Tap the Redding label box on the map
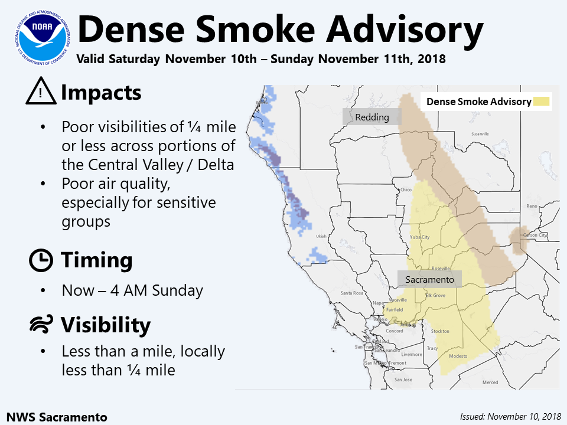[372, 117]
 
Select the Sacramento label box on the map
[429, 279]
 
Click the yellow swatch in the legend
[542, 102]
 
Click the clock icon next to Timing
[41, 260]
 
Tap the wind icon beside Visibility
[41, 325]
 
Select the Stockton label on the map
[440, 331]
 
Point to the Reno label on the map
[532, 206]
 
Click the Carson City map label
[535, 235]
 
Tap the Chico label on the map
[405, 189]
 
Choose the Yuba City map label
[419, 237]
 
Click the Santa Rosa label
[351, 293]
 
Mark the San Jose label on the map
[403, 379]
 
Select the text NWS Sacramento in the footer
[57, 417]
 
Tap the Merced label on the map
[490, 382]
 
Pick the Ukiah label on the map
[321, 236]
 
